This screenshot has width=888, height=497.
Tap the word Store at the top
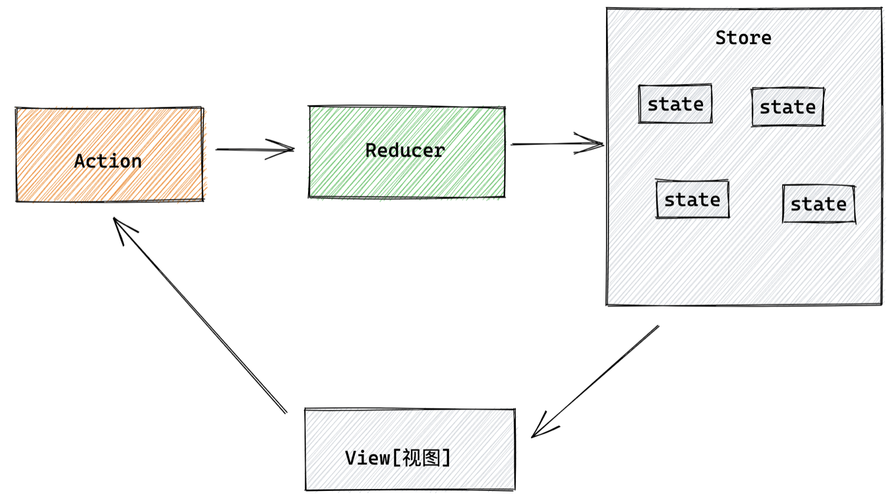743,38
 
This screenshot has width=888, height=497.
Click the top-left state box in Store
675,104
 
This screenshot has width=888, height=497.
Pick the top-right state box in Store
787,107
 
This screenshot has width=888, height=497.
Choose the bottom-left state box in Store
692,199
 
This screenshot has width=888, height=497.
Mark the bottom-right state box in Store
818,204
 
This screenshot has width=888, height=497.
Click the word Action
108,161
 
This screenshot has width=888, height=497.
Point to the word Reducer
405,150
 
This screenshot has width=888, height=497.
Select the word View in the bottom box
368,458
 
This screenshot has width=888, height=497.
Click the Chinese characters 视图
421,458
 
